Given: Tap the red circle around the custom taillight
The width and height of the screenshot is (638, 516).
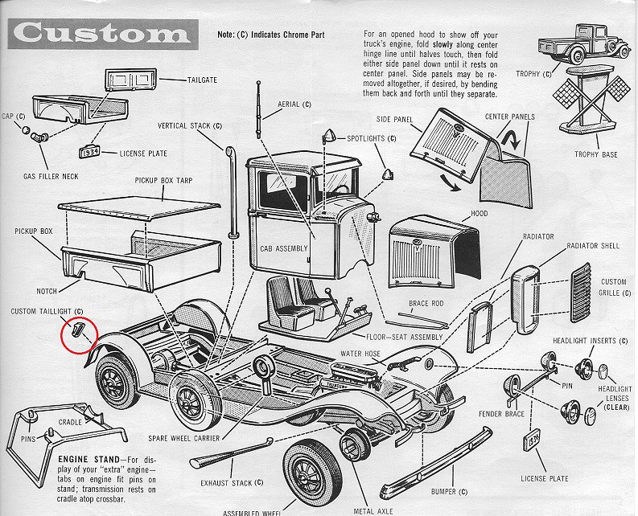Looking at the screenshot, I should point(79,335).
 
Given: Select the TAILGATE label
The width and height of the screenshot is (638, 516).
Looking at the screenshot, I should point(203,80).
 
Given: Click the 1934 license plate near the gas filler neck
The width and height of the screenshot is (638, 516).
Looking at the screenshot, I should point(89,151).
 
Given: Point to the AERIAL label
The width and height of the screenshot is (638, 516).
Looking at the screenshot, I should point(288,104).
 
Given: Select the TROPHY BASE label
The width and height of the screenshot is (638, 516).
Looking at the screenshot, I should point(596,154).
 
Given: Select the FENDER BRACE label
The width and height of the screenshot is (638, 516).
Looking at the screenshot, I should point(502,414).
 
